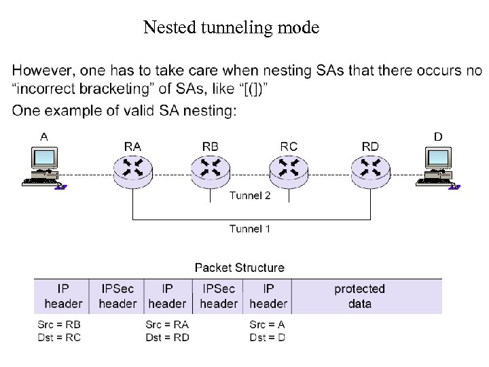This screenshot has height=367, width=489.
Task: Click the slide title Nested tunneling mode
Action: [231, 28]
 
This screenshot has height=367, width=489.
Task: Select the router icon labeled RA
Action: [133, 171]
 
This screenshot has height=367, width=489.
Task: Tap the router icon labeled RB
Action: [211, 171]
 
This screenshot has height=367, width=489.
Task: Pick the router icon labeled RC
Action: [289, 171]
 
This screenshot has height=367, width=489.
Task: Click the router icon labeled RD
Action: [371, 171]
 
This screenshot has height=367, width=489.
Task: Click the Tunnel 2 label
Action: [250, 196]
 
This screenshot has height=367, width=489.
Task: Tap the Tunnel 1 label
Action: [250, 229]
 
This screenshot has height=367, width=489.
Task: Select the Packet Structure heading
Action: [240, 268]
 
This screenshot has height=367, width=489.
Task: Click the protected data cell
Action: [359, 296]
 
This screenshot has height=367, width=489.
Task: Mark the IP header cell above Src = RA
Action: [167, 296]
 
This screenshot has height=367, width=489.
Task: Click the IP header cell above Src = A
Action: [268, 296]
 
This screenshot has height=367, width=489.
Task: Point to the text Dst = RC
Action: [58, 337]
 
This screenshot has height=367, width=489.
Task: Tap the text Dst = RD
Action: [167, 337]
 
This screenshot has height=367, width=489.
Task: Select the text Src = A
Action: [267, 325]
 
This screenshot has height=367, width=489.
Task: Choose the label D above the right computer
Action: [438, 137]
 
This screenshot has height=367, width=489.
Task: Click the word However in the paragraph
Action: [42, 71]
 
